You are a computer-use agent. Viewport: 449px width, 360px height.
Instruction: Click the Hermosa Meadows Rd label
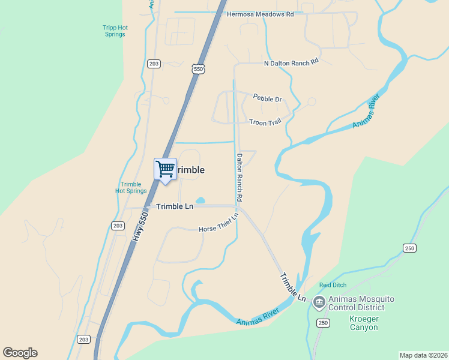[260, 14]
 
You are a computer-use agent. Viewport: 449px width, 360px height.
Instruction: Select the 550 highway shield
[199, 70]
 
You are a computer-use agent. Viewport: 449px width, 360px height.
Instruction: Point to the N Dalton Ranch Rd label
[291, 62]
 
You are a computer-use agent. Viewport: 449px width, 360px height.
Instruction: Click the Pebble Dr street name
[267, 98]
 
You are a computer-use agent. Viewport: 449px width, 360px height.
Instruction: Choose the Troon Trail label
[265, 122]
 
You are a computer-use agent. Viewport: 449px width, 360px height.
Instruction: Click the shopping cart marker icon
[165, 169]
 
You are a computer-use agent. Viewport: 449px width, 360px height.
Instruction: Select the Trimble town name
[191, 170]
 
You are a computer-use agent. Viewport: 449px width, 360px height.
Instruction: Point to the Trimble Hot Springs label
[131, 188]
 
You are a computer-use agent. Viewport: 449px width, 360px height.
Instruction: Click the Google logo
[20, 353]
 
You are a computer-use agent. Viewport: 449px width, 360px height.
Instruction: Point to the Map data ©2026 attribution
[423, 355]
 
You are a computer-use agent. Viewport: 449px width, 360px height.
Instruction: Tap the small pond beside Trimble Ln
[200, 200]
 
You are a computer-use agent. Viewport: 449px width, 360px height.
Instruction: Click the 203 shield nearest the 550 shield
[154, 64]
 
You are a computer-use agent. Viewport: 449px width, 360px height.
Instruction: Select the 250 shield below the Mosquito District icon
[323, 323]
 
